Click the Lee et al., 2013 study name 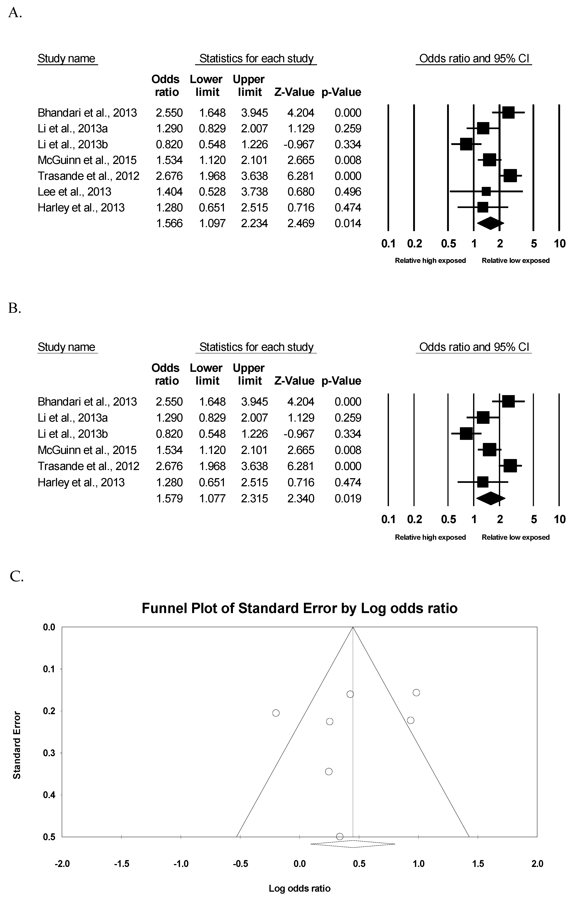click(74, 192)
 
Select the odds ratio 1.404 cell click(169, 192)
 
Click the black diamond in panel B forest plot click(491, 498)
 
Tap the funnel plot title click(300, 609)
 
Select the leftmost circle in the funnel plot click(276, 713)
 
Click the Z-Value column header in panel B click(294, 381)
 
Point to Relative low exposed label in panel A click(515, 261)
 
